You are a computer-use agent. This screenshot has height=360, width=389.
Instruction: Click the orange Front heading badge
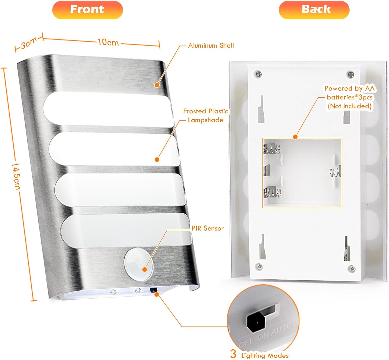87,10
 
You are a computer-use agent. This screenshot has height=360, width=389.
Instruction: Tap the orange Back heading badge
314,10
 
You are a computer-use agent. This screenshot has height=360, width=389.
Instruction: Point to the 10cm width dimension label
108,42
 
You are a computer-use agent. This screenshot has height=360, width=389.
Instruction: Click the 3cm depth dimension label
29,43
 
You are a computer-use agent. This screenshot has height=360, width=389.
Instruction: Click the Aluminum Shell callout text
211,46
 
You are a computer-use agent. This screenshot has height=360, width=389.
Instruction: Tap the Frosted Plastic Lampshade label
206,116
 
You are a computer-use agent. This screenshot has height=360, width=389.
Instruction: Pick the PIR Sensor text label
208,228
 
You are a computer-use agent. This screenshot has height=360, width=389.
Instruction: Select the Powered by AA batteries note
349,97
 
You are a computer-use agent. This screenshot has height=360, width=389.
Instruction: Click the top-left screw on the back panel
258,74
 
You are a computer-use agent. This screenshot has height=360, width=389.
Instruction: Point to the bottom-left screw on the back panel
259,266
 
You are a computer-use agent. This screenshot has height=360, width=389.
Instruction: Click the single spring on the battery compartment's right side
335,172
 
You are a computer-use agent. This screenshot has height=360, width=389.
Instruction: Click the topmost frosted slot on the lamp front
107,107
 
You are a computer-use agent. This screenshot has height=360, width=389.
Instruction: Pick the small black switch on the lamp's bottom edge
153,290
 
